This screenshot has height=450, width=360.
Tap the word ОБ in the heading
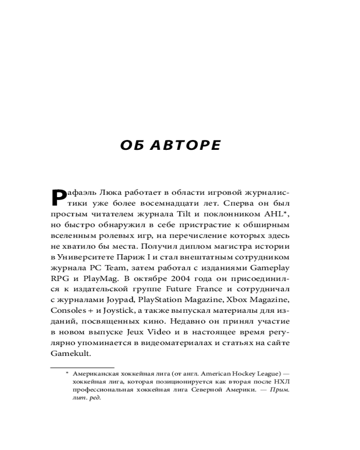[x=131, y=145]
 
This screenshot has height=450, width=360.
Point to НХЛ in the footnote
[x=282, y=382]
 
